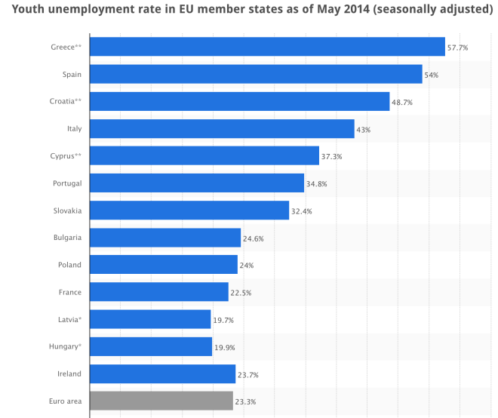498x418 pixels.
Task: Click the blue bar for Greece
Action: pyautogui.click(x=267, y=47)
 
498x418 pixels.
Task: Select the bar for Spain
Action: pyautogui.click(x=256, y=74)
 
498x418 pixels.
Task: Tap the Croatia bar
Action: pyautogui.click(x=239, y=101)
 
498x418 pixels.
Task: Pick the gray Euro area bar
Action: pyautogui.click(x=161, y=401)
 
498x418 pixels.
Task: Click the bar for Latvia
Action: pyautogui.click(x=150, y=319)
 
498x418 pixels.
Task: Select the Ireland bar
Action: pyautogui.click(x=162, y=373)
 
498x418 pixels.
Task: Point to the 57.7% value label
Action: pyautogui.click(x=457, y=48)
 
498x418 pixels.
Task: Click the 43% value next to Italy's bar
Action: pyautogui.click(x=363, y=129)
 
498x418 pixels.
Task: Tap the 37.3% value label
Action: pyautogui.click(x=331, y=156)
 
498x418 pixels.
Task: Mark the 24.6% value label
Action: pyautogui.click(x=253, y=238)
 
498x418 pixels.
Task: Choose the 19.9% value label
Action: pyautogui.click(x=224, y=347)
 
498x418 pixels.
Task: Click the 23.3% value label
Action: pyautogui.click(x=245, y=401)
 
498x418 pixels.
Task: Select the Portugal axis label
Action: pyautogui.click(x=67, y=183)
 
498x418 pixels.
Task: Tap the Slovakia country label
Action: pyautogui.click(x=67, y=210)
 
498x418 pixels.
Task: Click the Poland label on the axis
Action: pyautogui.click(x=69, y=265)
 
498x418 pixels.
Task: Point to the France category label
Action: pyautogui.click(x=70, y=292)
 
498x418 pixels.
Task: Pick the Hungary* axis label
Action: pyautogui.click(x=65, y=346)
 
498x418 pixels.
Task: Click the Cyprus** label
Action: pyautogui.click(x=65, y=155)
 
